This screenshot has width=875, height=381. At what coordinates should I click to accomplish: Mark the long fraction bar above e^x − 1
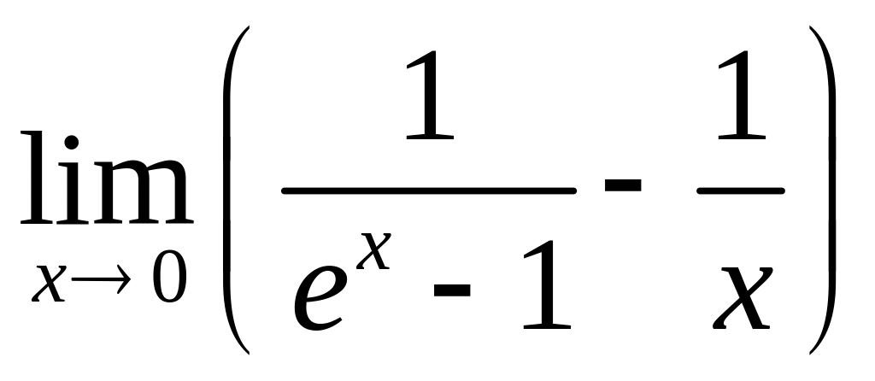[427, 190]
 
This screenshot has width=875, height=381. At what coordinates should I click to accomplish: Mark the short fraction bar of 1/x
[740, 190]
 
